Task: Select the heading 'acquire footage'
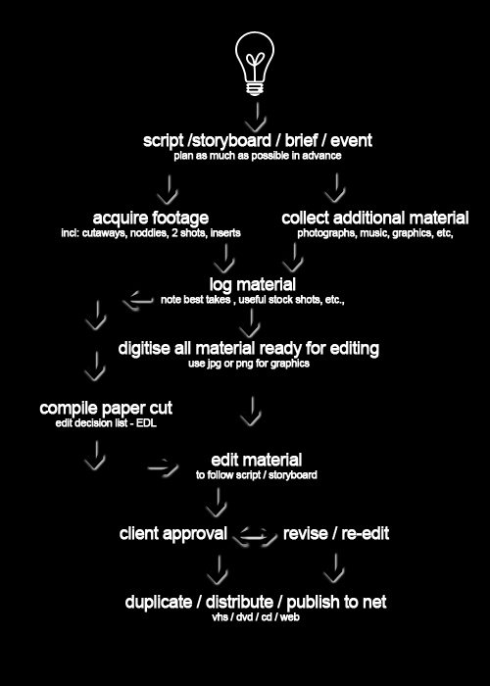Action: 151,218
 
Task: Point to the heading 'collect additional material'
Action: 375,218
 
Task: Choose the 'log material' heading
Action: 253,284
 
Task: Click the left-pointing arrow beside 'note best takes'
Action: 138,301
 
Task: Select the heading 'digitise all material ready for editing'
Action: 249,349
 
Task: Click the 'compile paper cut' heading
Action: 106,409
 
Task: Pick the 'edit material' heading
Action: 257,461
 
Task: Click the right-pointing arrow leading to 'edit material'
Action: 164,467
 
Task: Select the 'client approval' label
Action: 173,534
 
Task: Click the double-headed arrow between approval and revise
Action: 255,536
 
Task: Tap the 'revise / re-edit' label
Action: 336,534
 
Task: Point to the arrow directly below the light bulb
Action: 256,117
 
